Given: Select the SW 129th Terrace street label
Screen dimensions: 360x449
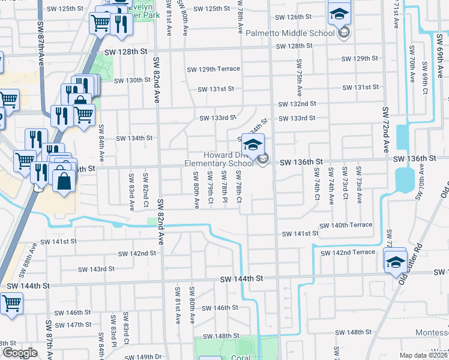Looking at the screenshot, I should click(x=213, y=69).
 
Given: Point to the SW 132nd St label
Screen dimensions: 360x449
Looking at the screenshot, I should click(x=297, y=104).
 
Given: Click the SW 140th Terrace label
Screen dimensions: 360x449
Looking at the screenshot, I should click(x=346, y=225).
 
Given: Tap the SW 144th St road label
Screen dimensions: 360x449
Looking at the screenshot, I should click(x=242, y=279).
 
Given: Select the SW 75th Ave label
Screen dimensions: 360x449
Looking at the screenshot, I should click(x=299, y=79).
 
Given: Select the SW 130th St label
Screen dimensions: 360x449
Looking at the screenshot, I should click(x=132, y=80).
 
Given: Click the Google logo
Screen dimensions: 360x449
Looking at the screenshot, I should click(x=20, y=353).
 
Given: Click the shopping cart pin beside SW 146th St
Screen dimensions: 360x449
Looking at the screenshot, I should click(x=10, y=304).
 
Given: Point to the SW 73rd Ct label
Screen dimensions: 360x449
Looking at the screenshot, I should click(x=345, y=185).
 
